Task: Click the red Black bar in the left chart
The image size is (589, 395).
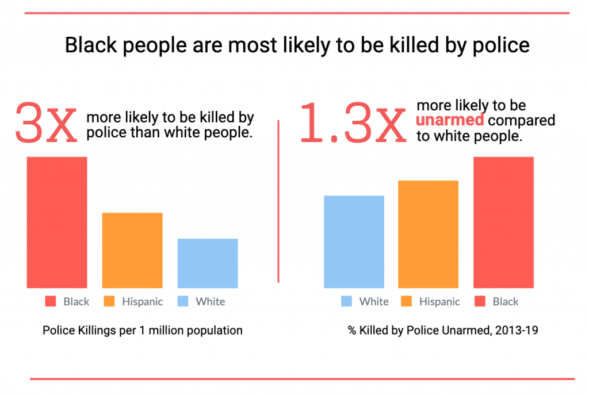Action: click(x=56, y=222)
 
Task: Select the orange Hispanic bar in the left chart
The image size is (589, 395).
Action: click(x=132, y=250)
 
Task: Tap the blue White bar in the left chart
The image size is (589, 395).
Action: click(x=208, y=263)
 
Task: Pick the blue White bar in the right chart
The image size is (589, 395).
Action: click(x=354, y=241)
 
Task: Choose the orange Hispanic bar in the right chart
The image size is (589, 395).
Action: click(x=428, y=234)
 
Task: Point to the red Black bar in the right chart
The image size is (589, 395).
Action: click(x=503, y=222)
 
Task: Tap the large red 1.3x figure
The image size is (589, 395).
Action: click(x=352, y=122)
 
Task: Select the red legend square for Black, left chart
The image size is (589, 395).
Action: click(x=51, y=301)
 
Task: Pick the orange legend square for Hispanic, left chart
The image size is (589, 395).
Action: click(x=109, y=301)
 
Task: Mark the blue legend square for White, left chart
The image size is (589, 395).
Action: click(x=183, y=301)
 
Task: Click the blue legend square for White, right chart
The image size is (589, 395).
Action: click(x=347, y=301)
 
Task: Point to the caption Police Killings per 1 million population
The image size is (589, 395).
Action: click(x=142, y=331)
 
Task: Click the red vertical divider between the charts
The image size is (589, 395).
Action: click(x=279, y=201)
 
